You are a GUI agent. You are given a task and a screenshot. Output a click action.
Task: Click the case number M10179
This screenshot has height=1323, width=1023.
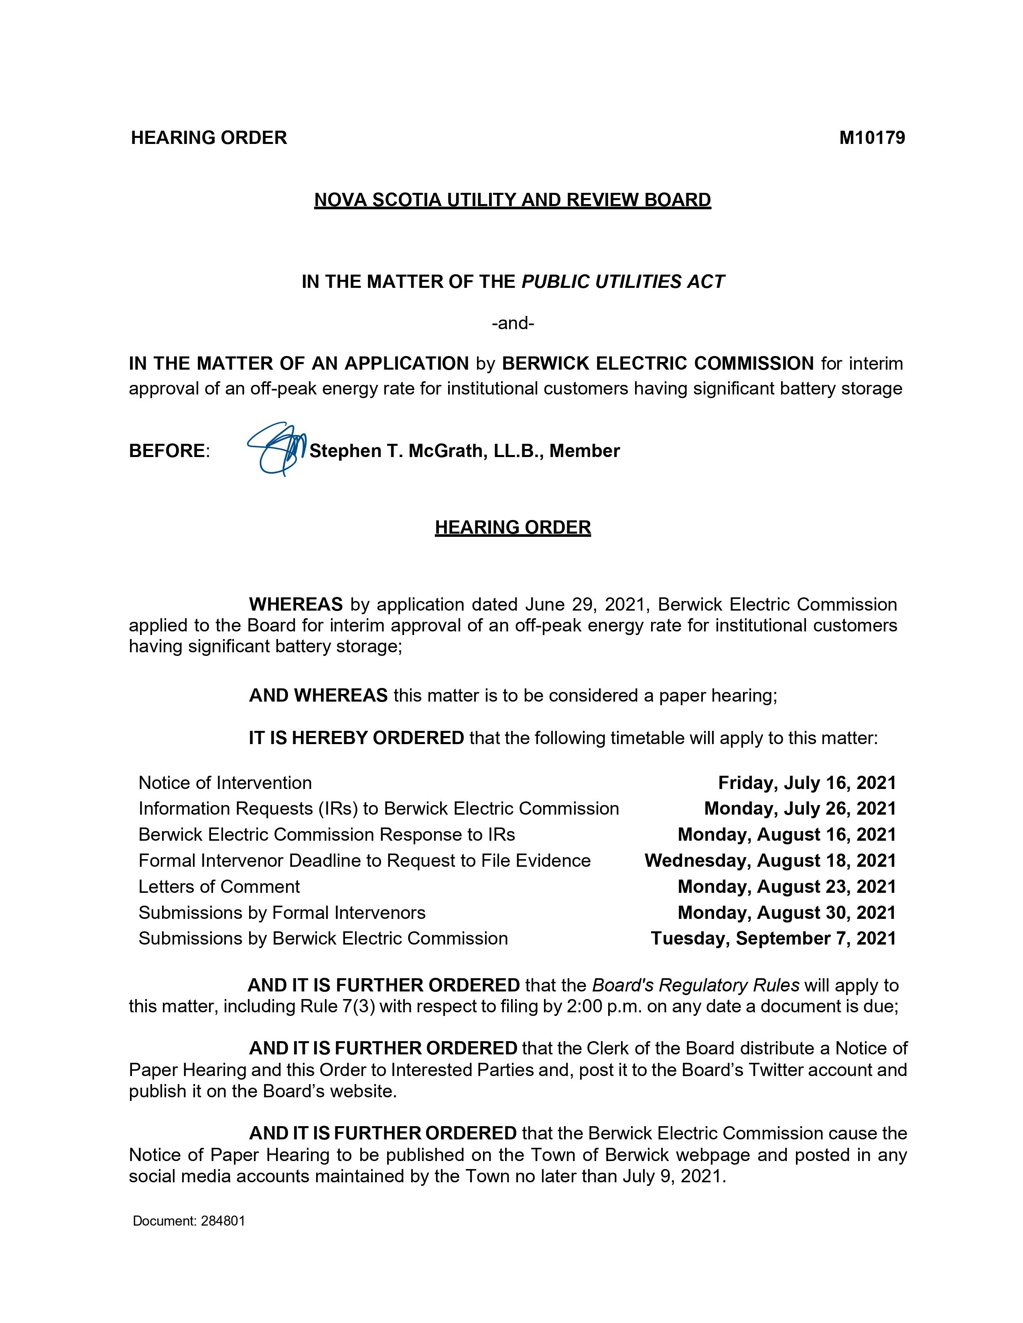(871, 138)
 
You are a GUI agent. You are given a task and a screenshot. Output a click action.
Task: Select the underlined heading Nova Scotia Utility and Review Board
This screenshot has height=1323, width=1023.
(512, 200)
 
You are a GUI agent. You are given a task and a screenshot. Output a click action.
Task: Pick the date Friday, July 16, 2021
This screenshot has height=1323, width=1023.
(807, 783)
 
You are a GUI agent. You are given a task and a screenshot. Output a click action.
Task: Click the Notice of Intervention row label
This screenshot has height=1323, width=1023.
(225, 783)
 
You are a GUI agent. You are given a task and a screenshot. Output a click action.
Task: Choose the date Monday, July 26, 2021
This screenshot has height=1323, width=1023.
(800, 809)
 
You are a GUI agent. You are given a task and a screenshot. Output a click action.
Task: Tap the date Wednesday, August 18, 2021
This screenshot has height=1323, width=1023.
(770, 860)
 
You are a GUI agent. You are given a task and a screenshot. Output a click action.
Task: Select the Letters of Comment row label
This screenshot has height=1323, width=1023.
(219, 886)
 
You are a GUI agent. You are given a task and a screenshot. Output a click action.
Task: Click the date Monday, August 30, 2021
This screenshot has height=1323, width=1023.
(786, 912)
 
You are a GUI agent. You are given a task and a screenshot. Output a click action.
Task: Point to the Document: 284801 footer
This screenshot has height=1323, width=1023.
(189, 1221)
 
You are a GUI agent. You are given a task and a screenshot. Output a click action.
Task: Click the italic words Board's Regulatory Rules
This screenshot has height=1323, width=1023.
(695, 985)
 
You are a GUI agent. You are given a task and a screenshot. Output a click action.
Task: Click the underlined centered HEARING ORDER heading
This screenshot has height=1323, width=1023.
(513, 527)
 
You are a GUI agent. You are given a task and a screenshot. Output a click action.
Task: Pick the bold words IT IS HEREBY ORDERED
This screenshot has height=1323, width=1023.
(356, 738)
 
